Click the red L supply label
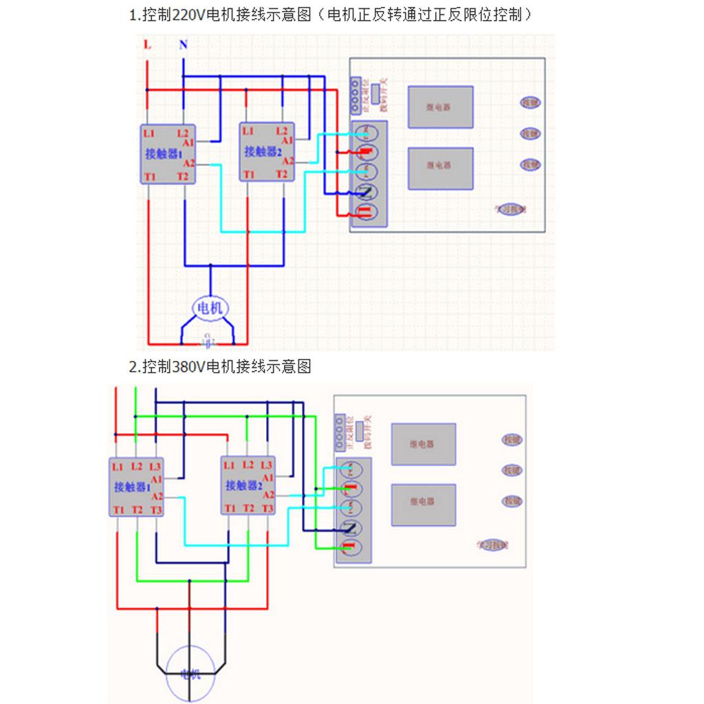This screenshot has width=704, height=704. pyautogui.click(x=147, y=45)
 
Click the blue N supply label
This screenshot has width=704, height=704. pyautogui.click(x=183, y=45)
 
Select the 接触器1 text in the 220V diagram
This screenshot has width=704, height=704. pyautogui.click(x=163, y=153)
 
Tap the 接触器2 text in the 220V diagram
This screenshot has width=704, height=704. pyautogui.click(x=263, y=151)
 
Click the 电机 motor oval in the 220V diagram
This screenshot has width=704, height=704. pyautogui.click(x=210, y=309)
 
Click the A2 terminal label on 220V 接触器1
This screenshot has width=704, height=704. pyautogui.click(x=189, y=164)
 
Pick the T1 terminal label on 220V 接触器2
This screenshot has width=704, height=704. pyautogui.click(x=248, y=175)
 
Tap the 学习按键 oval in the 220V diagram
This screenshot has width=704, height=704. pyautogui.click(x=511, y=209)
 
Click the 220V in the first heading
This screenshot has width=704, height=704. pyautogui.click(x=185, y=15)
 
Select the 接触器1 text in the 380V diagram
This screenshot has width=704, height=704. pyautogui.click(x=133, y=487)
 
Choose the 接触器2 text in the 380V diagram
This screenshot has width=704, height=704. pyautogui.click(x=245, y=485)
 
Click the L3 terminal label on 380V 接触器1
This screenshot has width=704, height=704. pyautogui.click(x=155, y=466)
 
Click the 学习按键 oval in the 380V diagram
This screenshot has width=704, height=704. pyautogui.click(x=492, y=544)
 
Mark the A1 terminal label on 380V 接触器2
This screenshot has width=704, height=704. pyautogui.click(x=267, y=476)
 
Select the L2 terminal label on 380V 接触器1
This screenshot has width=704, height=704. pyautogui.click(x=137, y=466)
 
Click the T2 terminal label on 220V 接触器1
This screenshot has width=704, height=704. pyautogui.click(x=183, y=177)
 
